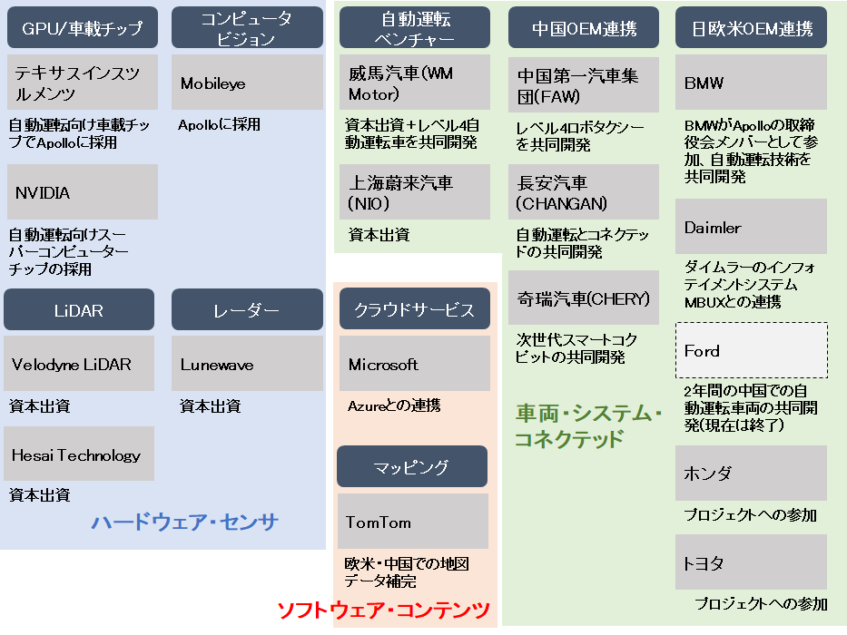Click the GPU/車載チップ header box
(x=82, y=28)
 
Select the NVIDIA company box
(x=82, y=192)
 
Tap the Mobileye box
(x=247, y=83)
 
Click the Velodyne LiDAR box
(x=79, y=365)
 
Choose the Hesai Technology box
(x=79, y=454)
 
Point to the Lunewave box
(x=247, y=365)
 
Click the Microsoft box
(x=414, y=365)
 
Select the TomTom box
(x=413, y=522)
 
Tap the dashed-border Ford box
(x=751, y=350)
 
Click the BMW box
(x=751, y=83)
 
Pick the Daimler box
(x=751, y=227)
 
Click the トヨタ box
(x=751, y=562)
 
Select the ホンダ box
(x=751, y=473)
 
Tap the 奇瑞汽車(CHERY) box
(x=584, y=298)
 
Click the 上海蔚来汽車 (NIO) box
(x=414, y=192)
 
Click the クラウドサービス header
(x=414, y=310)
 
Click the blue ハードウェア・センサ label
(x=184, y=522)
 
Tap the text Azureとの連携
(x=394, y=405)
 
